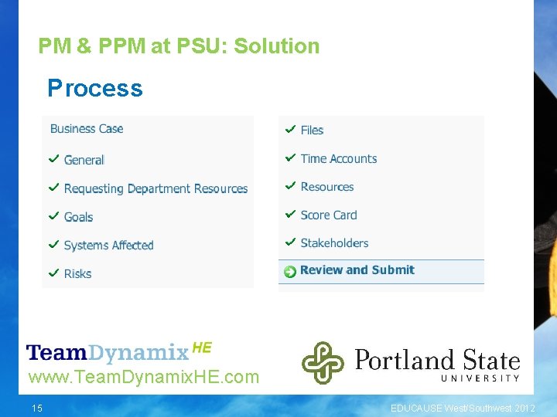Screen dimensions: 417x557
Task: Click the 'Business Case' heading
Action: coord(87,129)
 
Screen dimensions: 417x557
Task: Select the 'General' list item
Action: coord(84,160)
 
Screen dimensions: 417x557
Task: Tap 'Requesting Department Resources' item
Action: coord(155,188)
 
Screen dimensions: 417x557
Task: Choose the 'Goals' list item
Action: coord(78,217)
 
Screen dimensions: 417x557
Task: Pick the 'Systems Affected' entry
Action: coord(108,246)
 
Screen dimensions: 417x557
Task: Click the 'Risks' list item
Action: coord(77,273)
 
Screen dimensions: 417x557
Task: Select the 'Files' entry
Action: coord(312,130)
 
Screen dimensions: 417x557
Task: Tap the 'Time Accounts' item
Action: coord(338,158)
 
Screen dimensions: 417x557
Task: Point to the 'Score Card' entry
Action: coord(329,215)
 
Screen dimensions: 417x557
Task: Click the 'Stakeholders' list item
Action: coord(334,242)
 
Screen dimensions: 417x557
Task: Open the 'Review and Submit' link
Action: coord(357,270)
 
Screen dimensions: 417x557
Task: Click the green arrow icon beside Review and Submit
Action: coord(290,271)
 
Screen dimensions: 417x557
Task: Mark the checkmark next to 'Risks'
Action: coord(54,273)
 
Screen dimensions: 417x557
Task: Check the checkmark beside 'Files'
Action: coord(290,129)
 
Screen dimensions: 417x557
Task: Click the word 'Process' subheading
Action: coord(95,89)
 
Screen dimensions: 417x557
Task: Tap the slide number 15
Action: coord(37,408)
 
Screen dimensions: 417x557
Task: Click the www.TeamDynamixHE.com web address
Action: coord(143,378)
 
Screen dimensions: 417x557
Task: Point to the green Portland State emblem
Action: coord(323,362)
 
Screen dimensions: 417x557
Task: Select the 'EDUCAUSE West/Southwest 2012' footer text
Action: coord(463,408)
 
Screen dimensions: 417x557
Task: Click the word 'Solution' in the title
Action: coord(276,46)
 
